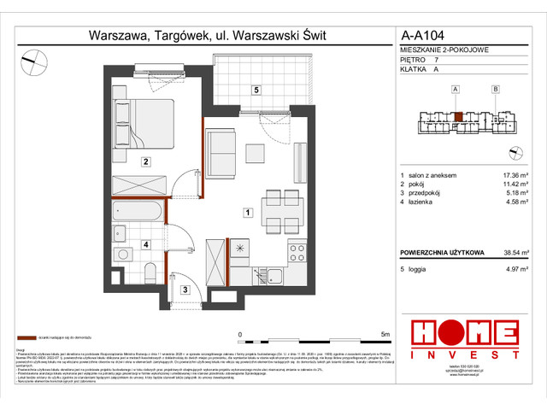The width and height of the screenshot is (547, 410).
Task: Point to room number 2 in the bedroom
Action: pos(146,161)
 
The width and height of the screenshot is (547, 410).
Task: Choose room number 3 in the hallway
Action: pos(184,290)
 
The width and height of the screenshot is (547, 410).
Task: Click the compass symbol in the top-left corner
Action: pos(34,59)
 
